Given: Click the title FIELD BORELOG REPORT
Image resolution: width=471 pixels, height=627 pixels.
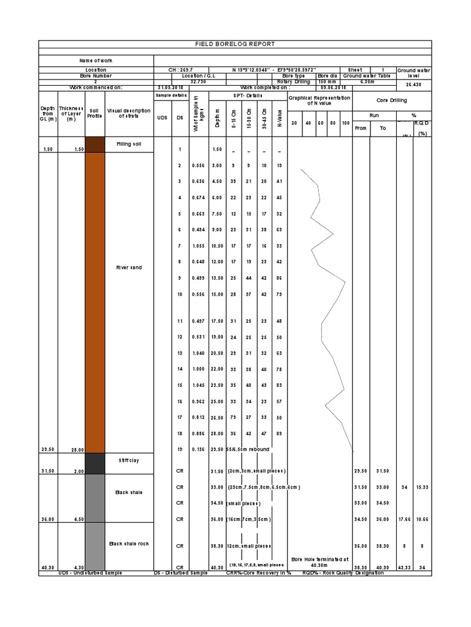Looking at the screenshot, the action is [235, 44].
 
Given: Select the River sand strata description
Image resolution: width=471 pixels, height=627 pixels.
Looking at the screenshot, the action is [129, 268].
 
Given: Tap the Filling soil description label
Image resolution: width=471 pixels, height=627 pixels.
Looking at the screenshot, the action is [129, 144].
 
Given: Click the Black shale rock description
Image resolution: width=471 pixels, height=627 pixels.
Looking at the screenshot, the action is [129, 543].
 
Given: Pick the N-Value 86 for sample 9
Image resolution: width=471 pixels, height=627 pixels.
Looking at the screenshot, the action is [279, 278].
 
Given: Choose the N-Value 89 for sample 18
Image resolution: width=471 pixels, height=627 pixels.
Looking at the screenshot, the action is [279, 433].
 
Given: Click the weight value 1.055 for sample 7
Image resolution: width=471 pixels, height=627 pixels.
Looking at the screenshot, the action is [197, 246].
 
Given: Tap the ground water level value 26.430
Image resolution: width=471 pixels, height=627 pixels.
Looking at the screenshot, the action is [414, 84].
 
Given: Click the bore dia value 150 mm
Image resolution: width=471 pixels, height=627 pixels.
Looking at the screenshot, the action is [327, 81].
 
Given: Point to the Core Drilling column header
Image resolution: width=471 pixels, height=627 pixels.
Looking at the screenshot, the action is [392, 100].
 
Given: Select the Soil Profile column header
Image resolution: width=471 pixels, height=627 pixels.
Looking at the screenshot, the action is [94, 113].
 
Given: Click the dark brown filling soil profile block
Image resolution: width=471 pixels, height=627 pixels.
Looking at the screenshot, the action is [94, 145].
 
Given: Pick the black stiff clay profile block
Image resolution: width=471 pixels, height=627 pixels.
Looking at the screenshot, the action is [94, 464].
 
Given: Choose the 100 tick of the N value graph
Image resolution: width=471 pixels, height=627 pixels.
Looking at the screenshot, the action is [345, 123].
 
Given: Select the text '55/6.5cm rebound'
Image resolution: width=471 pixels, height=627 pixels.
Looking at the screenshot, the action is [248, 449].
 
